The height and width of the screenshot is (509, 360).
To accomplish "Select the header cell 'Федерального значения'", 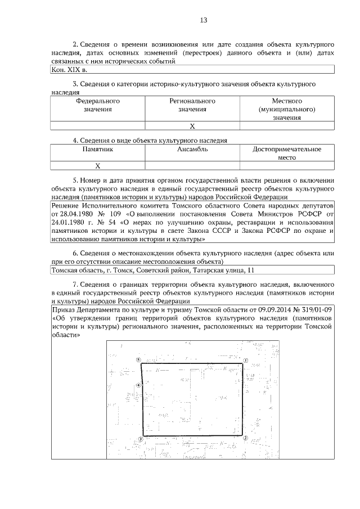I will click(98, 105).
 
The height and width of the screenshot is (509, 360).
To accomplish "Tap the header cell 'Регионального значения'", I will click(192, 105).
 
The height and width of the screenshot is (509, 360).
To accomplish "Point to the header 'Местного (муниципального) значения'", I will click(287, 109).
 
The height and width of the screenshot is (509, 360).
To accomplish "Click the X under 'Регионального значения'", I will click(192, 126).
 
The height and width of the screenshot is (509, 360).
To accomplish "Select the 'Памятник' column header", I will click(98, 150).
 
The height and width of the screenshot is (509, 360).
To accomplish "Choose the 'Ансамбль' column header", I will click(192, 150).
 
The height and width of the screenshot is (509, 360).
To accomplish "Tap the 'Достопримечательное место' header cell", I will click(287, 154).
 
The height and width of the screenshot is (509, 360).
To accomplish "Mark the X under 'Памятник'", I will click(98, 166).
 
